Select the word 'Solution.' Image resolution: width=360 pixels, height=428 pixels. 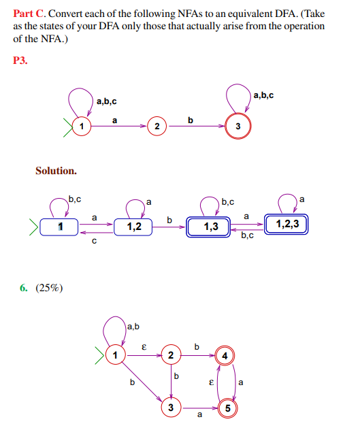click(x=56, y=170)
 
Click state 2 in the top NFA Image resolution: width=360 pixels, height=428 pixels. click(x=157, y=127)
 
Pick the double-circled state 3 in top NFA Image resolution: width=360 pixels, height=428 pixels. click(x=238, y=127)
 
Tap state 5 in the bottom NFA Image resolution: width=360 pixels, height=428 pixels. click(x=228, y=408)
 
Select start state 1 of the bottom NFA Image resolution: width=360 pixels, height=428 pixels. click(x=116, y=355)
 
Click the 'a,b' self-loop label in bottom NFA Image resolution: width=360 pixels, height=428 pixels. click(x=133, y=327)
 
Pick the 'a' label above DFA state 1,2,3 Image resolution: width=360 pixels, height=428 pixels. click(x=302, y=199)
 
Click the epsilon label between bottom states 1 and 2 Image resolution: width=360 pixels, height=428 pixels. click(x=143, y=346)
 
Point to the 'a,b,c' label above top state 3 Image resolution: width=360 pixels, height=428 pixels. click(x=263, y=95)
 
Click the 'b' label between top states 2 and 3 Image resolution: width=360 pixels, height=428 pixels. click(x=191, y=120)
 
